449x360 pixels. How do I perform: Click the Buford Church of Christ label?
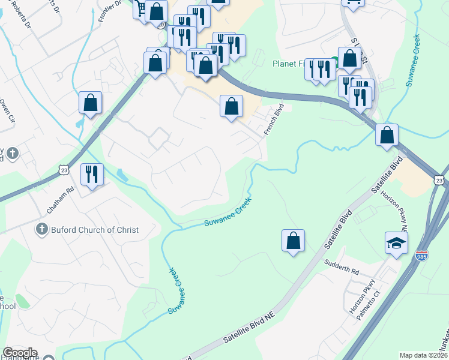coord(95,230)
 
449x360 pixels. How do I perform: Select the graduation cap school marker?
coord(397,243)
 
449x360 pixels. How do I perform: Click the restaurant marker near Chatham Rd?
coord(92,174)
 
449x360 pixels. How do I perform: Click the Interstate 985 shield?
coord(422,255)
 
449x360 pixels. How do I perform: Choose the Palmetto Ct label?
coord(370,306)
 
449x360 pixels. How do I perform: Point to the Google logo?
coord(20,353)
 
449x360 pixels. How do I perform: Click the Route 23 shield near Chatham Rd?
coord(65,170)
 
